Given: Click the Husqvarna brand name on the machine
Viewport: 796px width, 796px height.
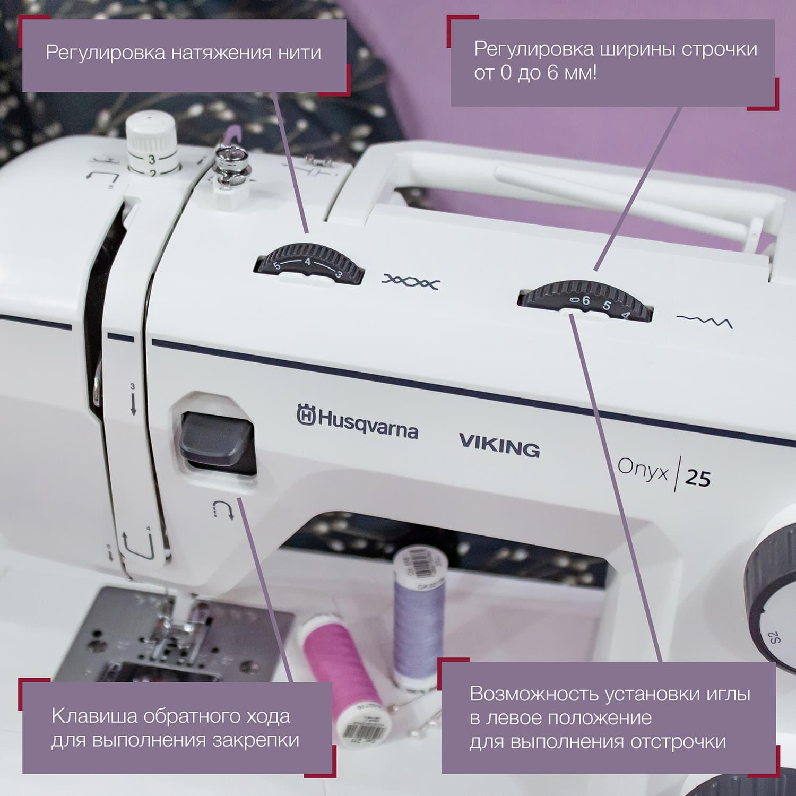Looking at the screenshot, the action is (x=357, y=422).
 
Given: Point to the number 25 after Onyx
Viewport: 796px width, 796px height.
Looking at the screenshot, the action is (x=697, y=478).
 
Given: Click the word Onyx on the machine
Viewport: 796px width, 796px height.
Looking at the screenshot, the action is (x=643, y=470).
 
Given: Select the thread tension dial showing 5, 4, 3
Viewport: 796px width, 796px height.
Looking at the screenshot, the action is (x=310, y=263).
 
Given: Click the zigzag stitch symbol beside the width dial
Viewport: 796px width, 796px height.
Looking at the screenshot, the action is (x=704, y=321).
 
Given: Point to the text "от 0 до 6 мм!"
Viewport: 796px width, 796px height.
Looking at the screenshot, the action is (x=535, y=73).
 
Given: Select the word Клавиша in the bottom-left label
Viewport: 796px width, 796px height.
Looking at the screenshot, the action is (x=93, y=716).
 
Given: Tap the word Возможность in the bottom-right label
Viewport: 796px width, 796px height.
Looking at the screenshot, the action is (x=534, y=694).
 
